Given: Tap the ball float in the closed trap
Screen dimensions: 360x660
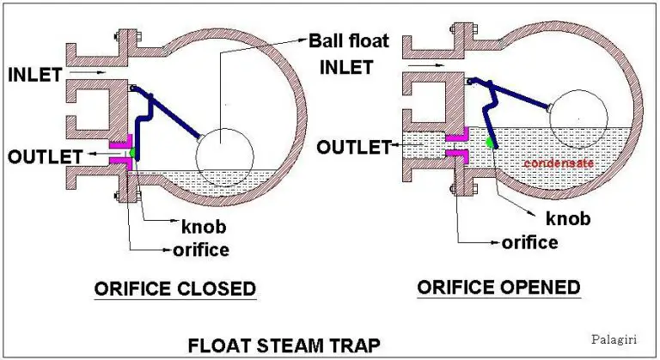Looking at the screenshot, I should tap(225, 158).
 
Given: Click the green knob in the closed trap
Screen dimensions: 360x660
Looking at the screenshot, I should tap(133, 154).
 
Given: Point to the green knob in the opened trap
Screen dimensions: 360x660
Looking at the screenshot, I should tap(492, 141).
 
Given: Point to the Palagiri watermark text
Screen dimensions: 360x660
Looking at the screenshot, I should tap(613, 339).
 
